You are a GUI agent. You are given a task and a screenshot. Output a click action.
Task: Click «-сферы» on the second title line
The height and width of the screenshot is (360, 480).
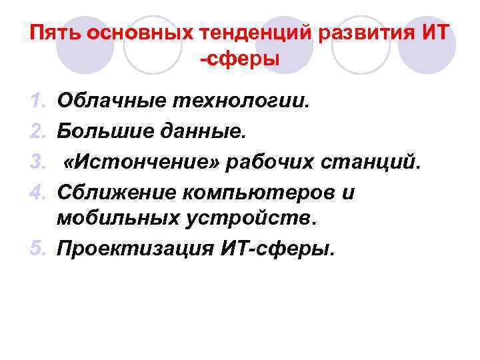coord(239,59)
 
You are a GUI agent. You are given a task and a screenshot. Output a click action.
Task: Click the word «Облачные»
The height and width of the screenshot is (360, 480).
coord(112,101)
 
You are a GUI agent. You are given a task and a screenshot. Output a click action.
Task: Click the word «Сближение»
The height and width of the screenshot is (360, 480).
coord(117,192)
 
